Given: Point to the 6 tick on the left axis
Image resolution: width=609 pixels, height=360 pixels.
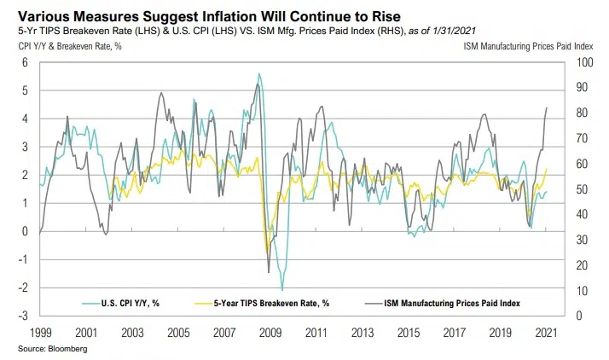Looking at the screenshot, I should point(26,62).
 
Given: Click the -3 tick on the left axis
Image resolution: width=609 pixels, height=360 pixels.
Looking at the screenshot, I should point(24,316).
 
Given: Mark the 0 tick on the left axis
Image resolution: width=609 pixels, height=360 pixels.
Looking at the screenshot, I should point(26,231).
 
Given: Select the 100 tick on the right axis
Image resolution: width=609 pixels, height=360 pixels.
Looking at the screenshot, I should point(585,62).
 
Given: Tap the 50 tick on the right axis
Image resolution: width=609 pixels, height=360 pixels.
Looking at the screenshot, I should point(583,189).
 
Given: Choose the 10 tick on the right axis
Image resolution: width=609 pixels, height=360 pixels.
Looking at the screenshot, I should point(583,291).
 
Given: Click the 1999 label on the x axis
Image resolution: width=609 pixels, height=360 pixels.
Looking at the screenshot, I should point(42,330).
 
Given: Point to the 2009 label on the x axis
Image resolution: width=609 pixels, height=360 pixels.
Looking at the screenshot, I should point(272,330).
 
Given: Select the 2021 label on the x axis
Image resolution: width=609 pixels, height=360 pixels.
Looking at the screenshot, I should point(547,330).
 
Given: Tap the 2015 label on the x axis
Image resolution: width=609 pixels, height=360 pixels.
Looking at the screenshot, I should point(409,330).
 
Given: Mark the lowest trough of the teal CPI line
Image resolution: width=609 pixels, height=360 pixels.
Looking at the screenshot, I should point(282,290).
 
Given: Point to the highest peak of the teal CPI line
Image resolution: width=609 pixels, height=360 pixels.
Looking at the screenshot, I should point(258,74).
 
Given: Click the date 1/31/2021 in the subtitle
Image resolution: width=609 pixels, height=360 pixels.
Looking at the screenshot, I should point(452,32).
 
